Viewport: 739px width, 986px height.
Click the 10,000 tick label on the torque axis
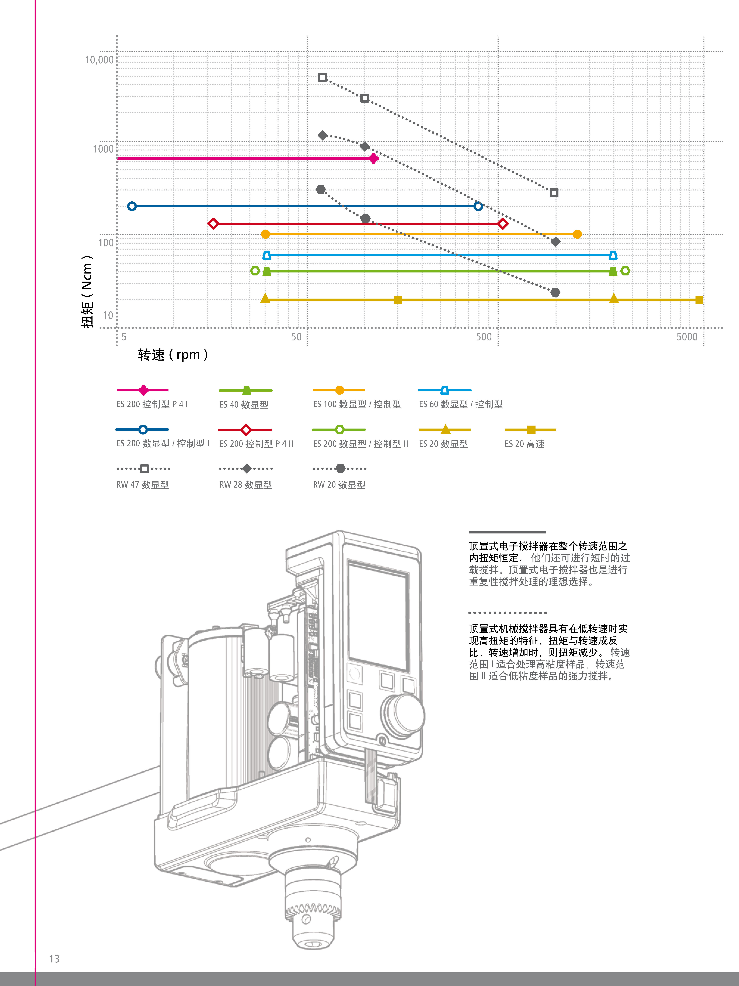coord(99,60)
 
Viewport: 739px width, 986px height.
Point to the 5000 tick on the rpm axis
coord(686,337)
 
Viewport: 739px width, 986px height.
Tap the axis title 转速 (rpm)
coord(173,355)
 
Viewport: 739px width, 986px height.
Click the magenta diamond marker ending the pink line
coord(374,158)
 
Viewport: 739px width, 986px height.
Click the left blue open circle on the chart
coord(132,206)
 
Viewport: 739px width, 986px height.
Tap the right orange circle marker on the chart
coord(577,234)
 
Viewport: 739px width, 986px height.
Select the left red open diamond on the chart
coord(213,223)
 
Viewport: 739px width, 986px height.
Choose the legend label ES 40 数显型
coord(244,405)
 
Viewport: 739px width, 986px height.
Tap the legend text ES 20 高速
coord(524,444)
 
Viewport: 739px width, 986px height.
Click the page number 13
coord(54,959)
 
